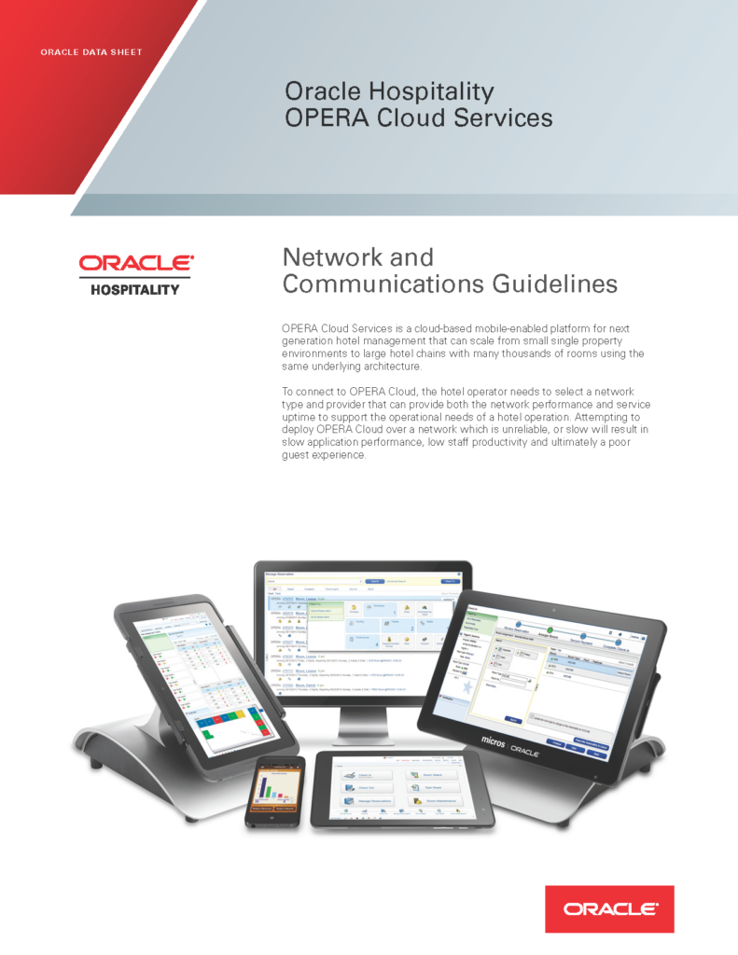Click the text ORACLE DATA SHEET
(91, 52)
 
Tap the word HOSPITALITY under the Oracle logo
(134, 289)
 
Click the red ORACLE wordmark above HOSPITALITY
(135, 264)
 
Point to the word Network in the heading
(332, 256)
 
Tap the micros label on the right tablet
(494, 739)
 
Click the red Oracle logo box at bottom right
(609, 908)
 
